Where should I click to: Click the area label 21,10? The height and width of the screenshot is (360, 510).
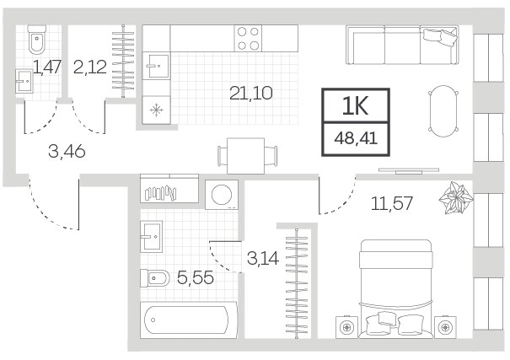pos(250,94)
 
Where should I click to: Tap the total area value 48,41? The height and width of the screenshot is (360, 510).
pos(356,138)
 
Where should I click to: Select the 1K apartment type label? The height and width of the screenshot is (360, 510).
pos(355,106)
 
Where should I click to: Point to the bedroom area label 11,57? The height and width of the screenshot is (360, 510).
pos(392,203)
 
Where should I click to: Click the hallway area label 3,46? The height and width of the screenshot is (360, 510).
pos(67,151)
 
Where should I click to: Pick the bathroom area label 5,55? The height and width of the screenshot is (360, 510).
pos(196,277)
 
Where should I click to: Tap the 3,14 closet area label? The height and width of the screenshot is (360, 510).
pos(263,259)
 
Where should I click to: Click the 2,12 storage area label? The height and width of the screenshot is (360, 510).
pos(90,67)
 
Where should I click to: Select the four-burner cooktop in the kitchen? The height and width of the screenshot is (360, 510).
pos(248,38)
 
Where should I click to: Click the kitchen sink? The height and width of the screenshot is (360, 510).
pos(156,66)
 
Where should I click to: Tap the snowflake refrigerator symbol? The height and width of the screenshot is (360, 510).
pos(157,110)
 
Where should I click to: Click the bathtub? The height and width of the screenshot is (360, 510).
pos(189,320)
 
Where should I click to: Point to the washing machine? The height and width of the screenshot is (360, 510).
pos(222,195)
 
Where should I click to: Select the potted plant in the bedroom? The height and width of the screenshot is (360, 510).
pos(456,198)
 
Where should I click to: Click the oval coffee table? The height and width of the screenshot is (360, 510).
pos(443,111)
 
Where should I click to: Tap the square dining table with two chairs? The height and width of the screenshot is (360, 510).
pos(247,156)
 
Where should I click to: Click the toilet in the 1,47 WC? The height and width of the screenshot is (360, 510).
pos(37,40)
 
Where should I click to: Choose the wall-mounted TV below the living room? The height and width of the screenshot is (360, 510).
pos(409,170)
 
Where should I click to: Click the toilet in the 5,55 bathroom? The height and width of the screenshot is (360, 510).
pos(155,278)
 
